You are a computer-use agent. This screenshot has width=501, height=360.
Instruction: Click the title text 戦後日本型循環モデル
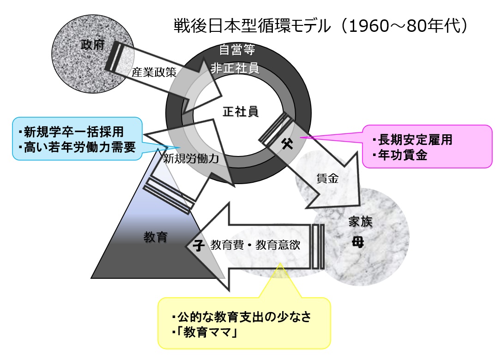pyautogui.click(x=252, y=26)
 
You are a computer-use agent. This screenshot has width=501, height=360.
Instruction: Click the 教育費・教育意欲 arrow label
pyautogui.click(x=255, y=245)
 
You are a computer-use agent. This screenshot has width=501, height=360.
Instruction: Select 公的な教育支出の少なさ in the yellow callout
pyautogui.click(x=246, y=317)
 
